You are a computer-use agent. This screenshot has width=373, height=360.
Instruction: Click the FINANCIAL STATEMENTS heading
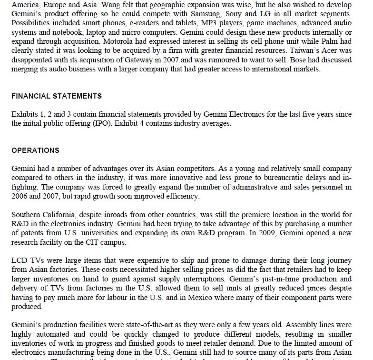(57, 96)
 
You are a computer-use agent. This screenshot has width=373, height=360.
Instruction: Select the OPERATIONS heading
(36, 150)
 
